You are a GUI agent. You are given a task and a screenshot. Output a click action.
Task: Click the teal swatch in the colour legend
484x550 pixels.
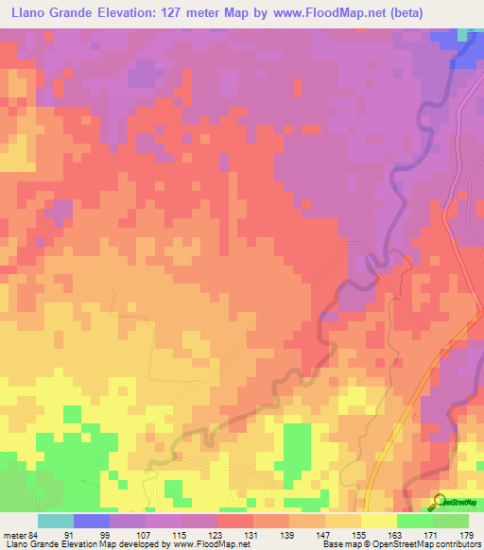[56, 522]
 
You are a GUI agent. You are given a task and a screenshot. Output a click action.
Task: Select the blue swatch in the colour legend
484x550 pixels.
[92, 522]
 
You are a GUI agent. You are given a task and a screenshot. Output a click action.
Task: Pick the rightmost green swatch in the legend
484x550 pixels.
[451, 522]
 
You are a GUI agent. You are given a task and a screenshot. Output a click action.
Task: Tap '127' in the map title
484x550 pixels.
[175, 13]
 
